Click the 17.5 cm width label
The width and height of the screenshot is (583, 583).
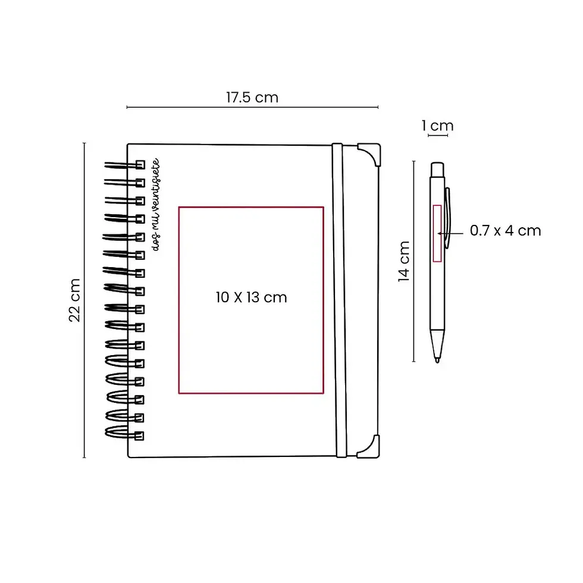pos(252,98)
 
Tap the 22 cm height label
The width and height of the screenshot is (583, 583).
pos(75,300)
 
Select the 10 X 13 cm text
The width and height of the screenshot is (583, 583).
pos(251,297)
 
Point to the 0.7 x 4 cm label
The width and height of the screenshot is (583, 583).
pos(505,231)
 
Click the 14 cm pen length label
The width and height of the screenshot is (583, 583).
pos(404,261)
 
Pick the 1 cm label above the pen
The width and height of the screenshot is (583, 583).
pos(438,126)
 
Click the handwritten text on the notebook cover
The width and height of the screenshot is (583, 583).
pos(156,205)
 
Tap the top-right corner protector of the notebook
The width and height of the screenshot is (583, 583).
pos(369,154)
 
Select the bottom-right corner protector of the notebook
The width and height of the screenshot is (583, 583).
pos(369,447)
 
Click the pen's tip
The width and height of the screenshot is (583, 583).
pos(437,360)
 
